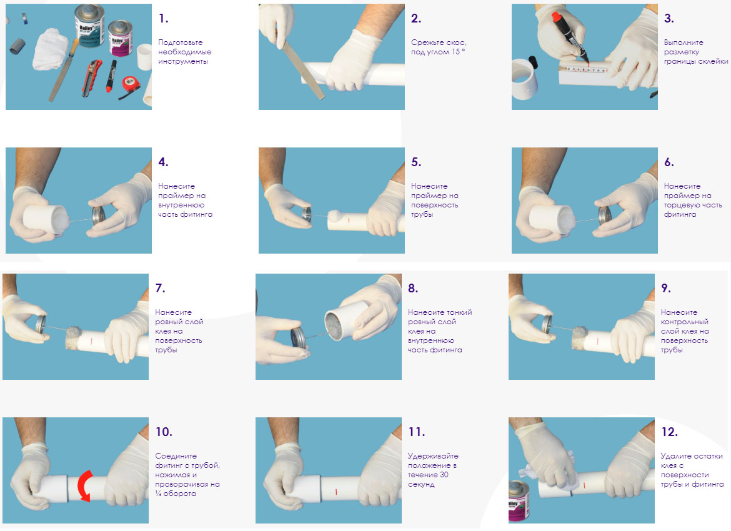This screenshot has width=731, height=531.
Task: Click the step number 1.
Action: coord(163,18)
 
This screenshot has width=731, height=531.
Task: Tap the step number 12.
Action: coord(669,432)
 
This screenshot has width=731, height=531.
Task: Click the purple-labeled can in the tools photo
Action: coord(121,38)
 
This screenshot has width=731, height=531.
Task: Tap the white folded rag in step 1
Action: coord(51,49)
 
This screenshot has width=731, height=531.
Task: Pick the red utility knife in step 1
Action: coord(92,78)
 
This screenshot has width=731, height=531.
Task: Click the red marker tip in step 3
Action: coord(556,17)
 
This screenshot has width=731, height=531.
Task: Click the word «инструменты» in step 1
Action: coord(182,62)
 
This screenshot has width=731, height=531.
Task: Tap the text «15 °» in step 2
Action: coord(458,52)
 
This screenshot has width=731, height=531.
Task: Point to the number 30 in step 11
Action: coord(444,475)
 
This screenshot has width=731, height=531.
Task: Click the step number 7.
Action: coord(160,288)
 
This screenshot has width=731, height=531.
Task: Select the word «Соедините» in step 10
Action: coord(176,456)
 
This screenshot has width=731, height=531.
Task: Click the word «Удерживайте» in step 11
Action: coord(433,456)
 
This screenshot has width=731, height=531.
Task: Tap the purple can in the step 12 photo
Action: coord(519,502)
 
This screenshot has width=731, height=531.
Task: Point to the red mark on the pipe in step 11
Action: coord(336,492)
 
